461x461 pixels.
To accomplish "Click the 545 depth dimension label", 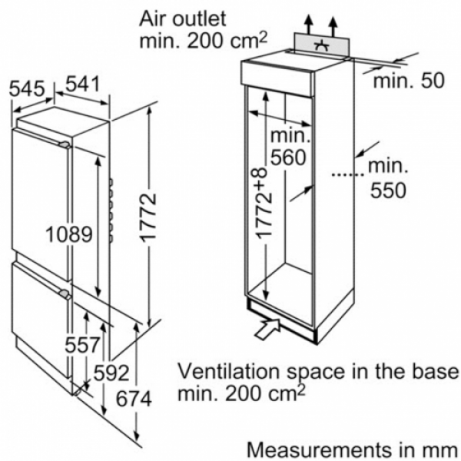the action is tap(27, 88).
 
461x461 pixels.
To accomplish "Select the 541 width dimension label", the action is tap(83, 85).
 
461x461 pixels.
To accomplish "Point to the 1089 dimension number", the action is tap(69, 234).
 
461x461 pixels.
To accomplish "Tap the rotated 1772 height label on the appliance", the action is tap(148, 218).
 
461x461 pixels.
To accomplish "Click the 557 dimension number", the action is tap(82, 344).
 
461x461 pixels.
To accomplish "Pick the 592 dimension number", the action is tap(111, 373).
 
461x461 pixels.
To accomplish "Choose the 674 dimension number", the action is tap(134, 399).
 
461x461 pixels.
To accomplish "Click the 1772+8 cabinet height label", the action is tap(262, 204).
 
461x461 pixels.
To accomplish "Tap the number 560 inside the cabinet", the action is tap(288, 158).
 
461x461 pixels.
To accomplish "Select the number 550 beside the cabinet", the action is tap(388, 191).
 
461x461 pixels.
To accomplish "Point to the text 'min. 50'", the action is tap(409, 81).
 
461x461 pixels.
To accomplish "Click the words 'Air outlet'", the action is tap(183, 18).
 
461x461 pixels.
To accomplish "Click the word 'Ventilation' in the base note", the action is tap(229, 371).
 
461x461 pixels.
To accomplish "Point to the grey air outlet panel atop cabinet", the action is tap(321, 46).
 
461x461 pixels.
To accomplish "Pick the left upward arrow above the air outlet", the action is tap(309, 25).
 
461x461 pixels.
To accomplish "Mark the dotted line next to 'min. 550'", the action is tap(348, 174).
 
